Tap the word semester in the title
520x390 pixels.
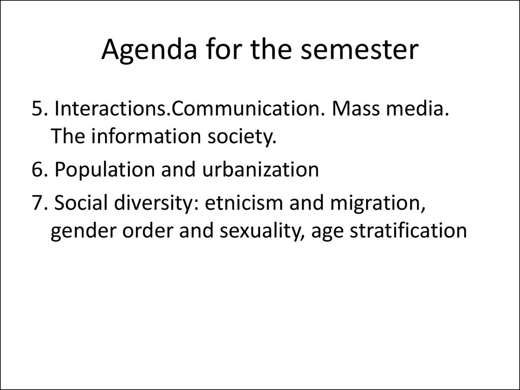pyautogui.click(x=360, y=49)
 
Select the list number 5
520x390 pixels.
pyautogui.click(x=40, y=109)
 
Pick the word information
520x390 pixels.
pyautogui.click(x=146, y=136)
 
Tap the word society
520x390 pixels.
pyautogui.click(x=242, y=137)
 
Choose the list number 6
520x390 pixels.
pyautogui.click(x=40, y=169)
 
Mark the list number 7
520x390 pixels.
pyautogui.click(x=40, y=203)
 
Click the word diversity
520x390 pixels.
pyautogui.click(x=156, y=203)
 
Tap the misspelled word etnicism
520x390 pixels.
pyautogui.click(x=243, y=202)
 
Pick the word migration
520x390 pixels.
pyautogui.click(x=378, y=203)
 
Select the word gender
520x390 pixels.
pyautogui.click(x=83, y=231)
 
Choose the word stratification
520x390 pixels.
pyautogui.click(x=408, y=230)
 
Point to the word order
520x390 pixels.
pyautogui.click(x=148, y=230)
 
